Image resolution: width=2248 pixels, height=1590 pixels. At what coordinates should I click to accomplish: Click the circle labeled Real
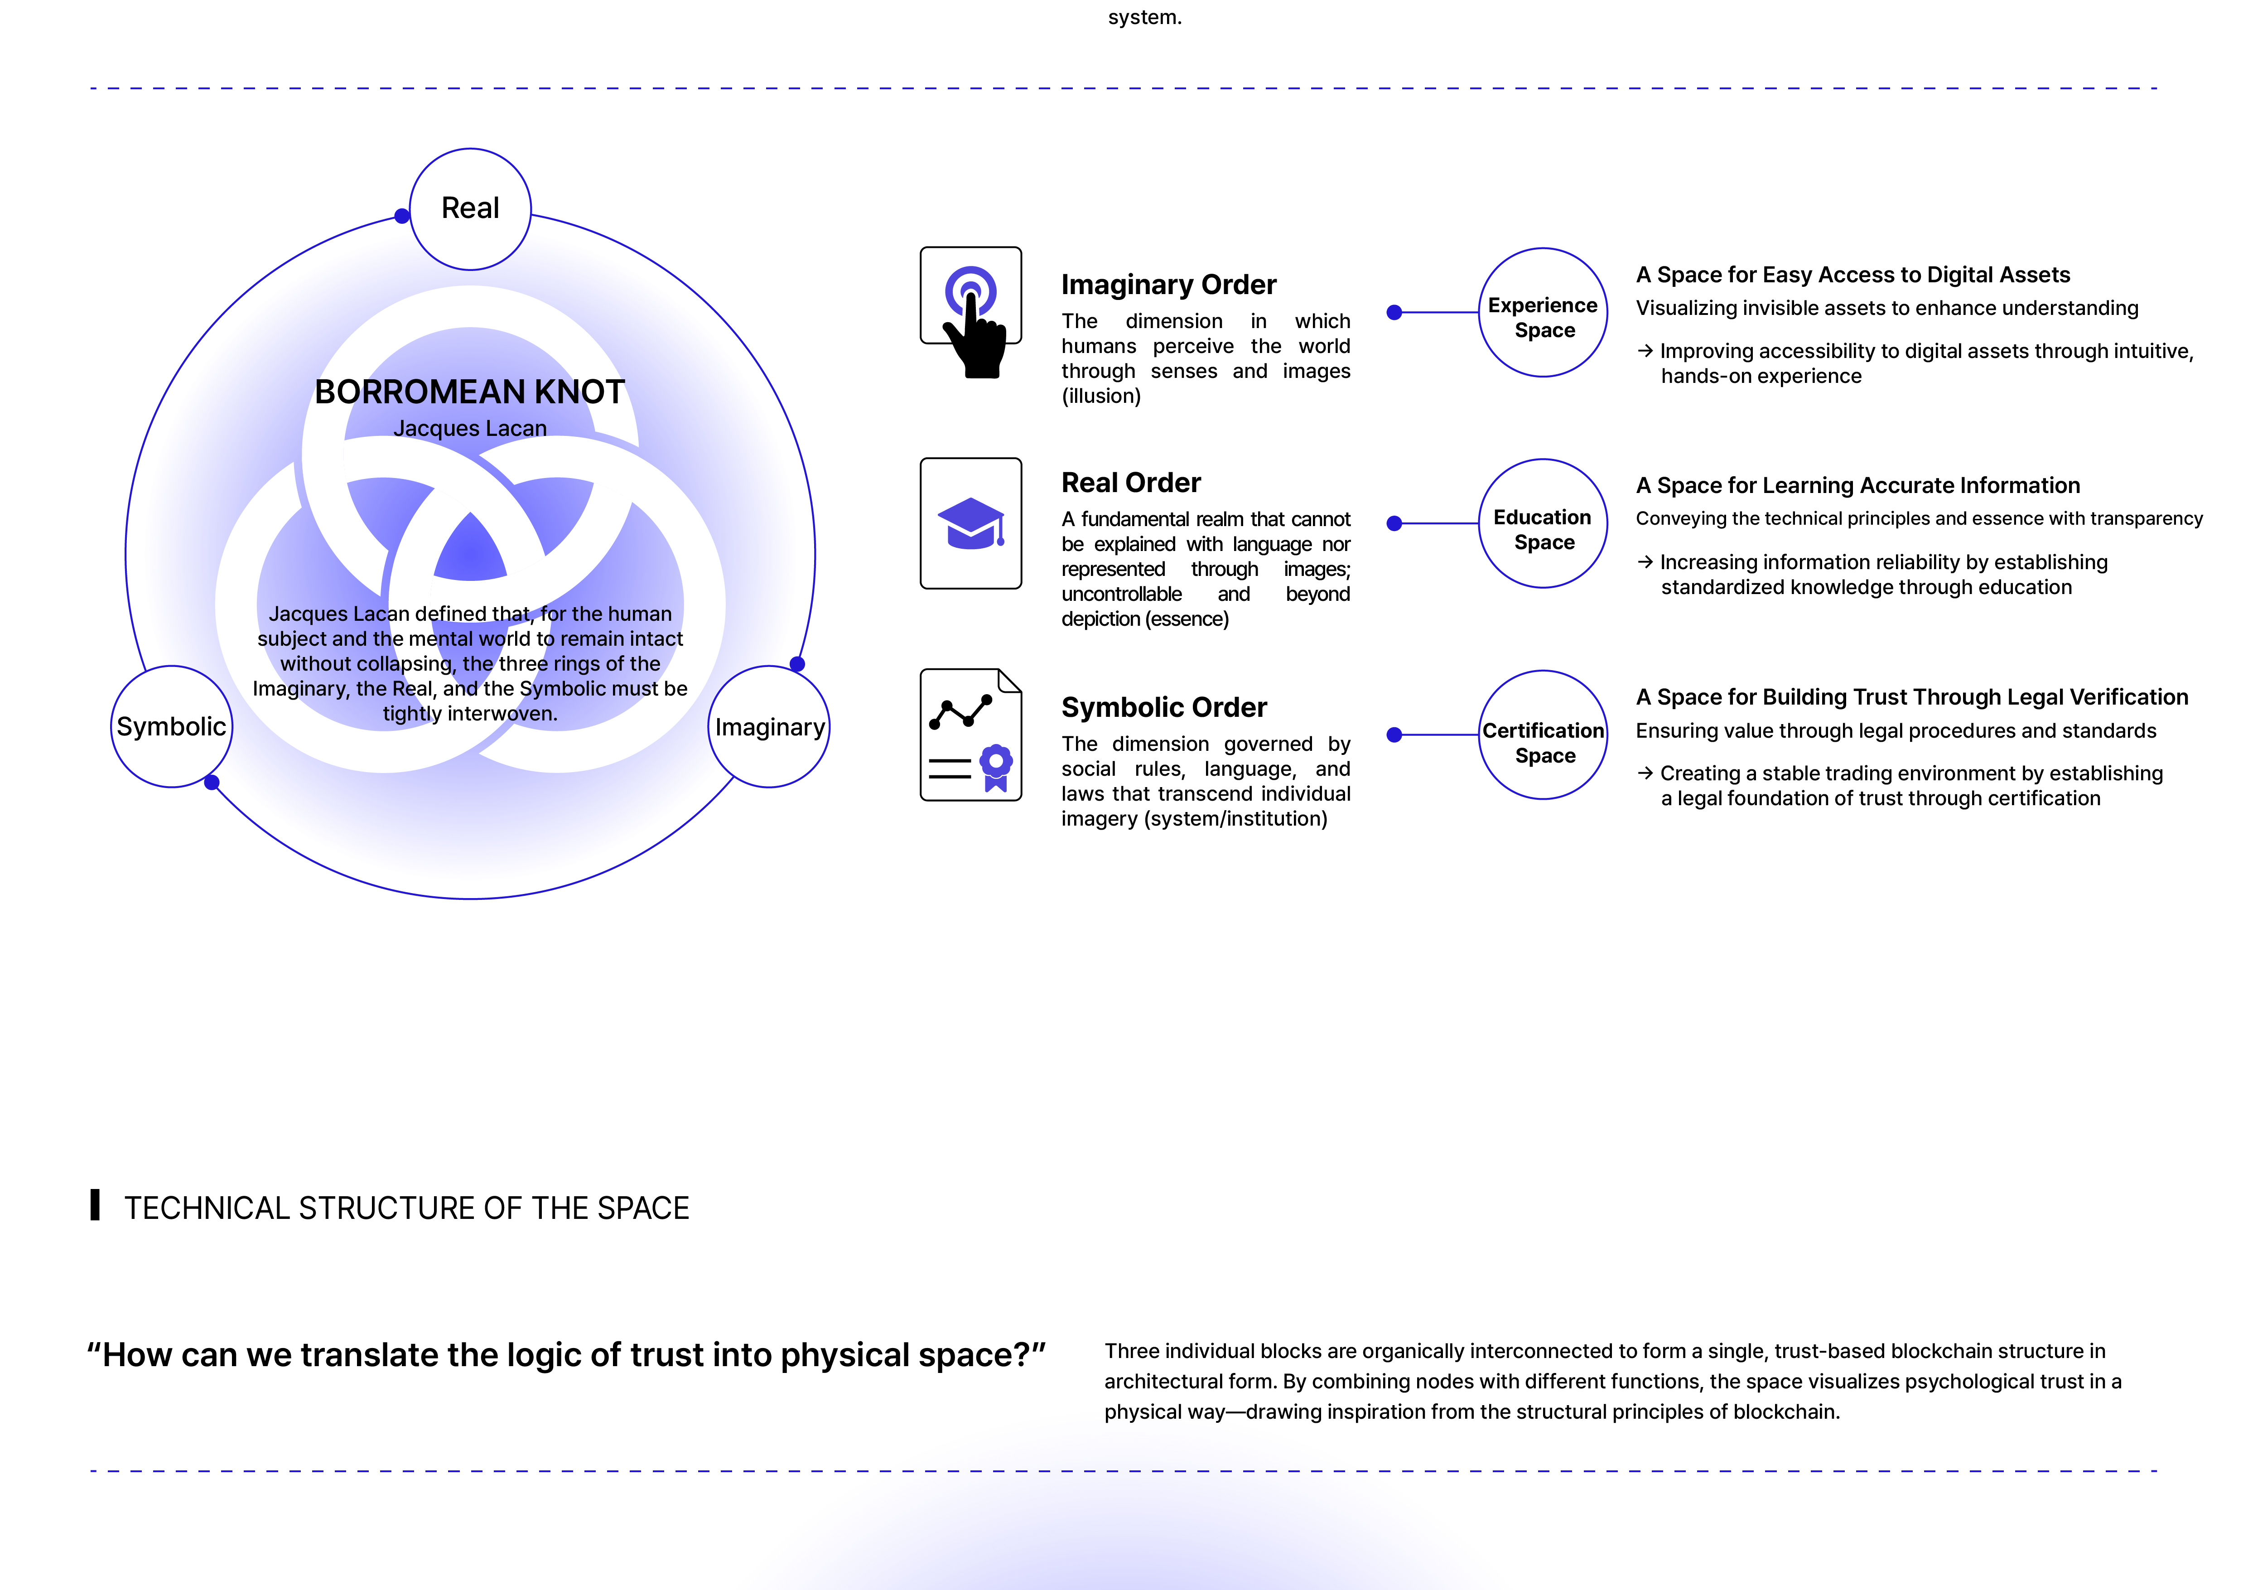tap(470, 208)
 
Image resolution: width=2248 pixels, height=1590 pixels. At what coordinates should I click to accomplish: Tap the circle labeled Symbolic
tap(171, 726)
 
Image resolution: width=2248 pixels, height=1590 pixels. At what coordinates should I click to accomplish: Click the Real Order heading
tap(1131, 483)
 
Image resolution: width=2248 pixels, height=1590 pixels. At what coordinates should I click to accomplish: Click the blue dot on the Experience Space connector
tap(1394, 312)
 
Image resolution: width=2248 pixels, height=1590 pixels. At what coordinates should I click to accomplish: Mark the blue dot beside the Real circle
tap(401, 215)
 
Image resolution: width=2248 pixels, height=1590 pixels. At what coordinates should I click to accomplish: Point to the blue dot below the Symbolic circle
tap(212, 782)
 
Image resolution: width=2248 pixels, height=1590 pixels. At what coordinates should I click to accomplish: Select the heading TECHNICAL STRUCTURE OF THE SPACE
tap(406, 1208)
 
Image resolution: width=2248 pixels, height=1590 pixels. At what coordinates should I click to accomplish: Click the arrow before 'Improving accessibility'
tap(1645, 351)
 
